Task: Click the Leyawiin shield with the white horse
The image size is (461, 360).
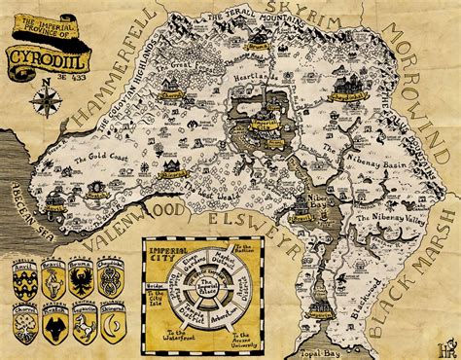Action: [85, 330]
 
